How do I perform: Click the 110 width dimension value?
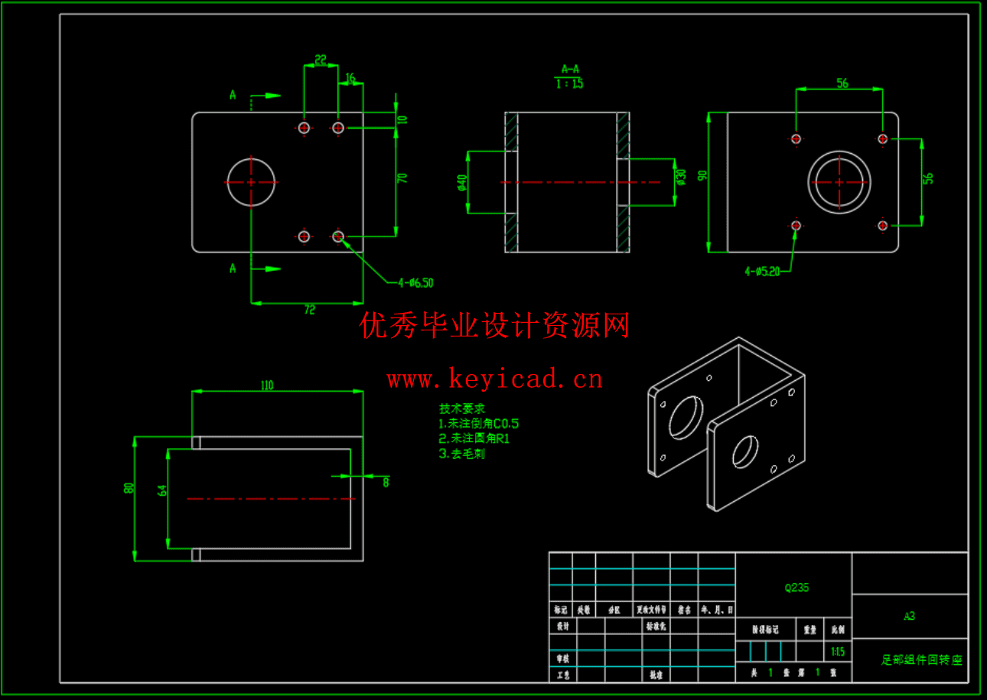[x=266, y=386]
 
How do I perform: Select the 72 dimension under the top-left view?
[x=309, y=310]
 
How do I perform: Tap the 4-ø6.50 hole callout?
[x=415, y=283]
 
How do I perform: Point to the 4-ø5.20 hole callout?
[x=762, y=271]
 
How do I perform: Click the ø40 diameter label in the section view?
[x=461, y=182]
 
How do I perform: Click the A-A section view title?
[x=570, y=69]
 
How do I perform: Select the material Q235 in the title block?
[x=796, y=588]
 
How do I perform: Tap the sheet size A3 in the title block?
[x=909, y=616]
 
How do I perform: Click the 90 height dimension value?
[x=702, y=175]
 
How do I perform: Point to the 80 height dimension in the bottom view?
[x=129, y=487]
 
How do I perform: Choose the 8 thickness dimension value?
[x=386, y=482]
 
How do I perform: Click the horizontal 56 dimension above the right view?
[x=842, y=83]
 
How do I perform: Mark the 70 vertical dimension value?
[x=402, y=177]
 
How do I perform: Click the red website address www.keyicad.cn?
[x=494, y=379]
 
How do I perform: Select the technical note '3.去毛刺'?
[x=461, y=454]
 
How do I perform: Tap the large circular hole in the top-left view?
[x=251, y=182]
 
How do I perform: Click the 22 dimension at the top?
[x=321, y=60]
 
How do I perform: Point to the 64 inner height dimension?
[x=162, y=490]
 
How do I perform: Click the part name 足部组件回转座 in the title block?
[x=921, y=659]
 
